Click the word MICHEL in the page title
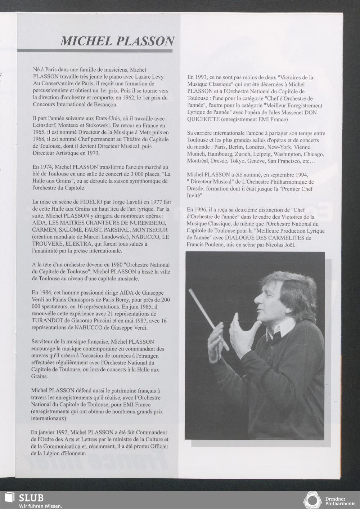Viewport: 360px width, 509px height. coord(85,41)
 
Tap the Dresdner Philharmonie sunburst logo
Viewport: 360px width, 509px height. coord(312,501)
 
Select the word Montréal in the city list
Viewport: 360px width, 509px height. coord(198,161)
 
